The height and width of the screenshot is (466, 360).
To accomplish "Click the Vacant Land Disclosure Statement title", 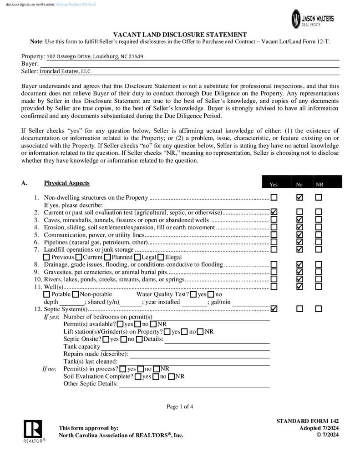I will tap(180, 35).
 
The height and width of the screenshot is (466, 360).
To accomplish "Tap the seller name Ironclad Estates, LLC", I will tap(65, 71).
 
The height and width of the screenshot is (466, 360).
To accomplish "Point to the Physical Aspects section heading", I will tap(66, 183).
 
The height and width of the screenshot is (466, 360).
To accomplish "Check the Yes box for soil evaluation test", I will tap(274, 212).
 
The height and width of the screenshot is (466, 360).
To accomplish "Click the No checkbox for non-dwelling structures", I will tap(299, 198).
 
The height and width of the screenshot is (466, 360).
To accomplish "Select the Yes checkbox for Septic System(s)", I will tap(274, 309).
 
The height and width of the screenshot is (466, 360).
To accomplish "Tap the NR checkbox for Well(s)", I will tap(319, 287).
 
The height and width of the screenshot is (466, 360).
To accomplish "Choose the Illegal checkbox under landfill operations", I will tap(161, 257).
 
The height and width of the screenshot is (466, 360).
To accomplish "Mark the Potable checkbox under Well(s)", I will tap(47, 294).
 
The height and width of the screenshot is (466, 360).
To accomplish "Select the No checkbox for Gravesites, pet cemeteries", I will tap(299, 272).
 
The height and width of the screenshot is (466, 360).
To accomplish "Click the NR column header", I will tap(320, 184).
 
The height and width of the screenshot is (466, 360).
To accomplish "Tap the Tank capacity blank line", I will tap(185, 347).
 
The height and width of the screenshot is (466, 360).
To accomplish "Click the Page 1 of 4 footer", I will tap(180, 406).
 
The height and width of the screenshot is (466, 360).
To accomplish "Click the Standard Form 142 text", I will tap(307, 421).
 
